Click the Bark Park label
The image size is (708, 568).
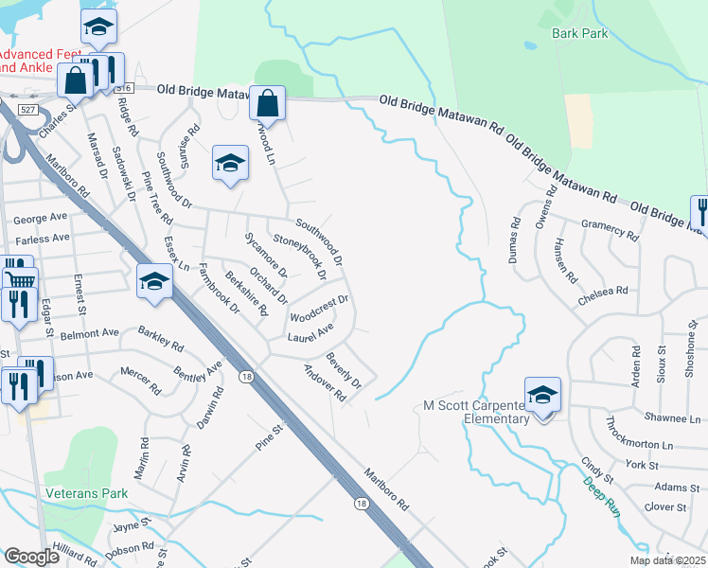pos(579,33)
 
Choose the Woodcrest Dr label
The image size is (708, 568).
pos(320,308)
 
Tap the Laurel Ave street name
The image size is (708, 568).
pos(310,333)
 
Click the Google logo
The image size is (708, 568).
pos(31,557)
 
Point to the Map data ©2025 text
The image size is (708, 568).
pos(667,560)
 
